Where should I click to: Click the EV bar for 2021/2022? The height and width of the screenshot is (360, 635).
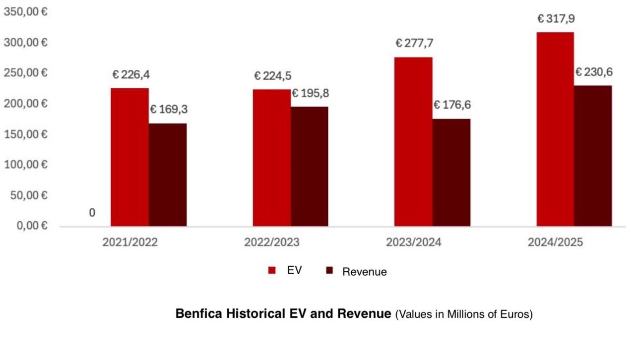[x=129, y=157]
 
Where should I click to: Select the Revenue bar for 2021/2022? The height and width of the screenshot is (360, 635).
[x=168, y=175]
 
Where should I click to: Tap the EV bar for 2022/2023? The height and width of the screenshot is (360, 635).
[x=271, y=158]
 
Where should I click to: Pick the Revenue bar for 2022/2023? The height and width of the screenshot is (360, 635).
[x=310, y=167]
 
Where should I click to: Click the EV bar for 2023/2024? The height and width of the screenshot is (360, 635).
[x=413, y=142]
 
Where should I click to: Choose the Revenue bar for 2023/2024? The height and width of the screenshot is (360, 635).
[x=451, y=173]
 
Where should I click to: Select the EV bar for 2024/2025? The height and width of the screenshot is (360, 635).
[x=555, y=129]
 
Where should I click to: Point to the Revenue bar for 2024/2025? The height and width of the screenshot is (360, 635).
[x=593, y=156]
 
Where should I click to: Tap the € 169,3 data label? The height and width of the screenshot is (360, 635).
[x=168, y=109]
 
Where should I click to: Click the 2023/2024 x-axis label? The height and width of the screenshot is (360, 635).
[x=413, y=242]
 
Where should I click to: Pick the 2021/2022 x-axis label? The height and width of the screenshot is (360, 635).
[x=130, y=242]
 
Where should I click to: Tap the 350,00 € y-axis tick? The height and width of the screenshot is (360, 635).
[x=26, y=11]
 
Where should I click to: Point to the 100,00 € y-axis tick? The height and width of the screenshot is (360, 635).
[x=26, y=165]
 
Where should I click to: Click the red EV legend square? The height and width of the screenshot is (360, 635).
[x=272, y=270]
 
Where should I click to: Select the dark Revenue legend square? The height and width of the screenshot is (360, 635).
[x=329, y=270]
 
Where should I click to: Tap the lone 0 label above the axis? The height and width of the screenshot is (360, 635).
[x=92, y=213]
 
